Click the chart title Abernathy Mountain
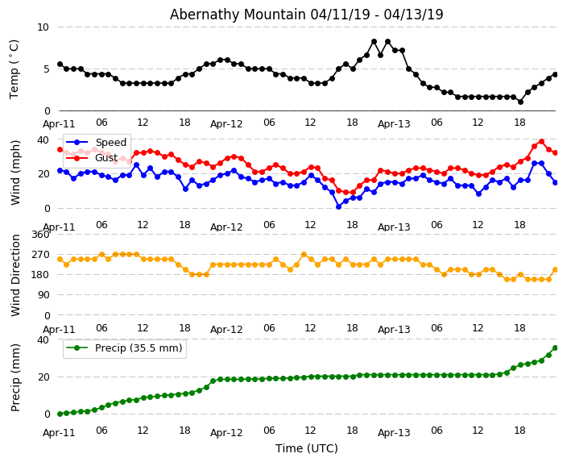(x=306, y=15)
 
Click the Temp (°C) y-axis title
(x=14, y=69)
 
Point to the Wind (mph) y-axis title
(x=16, y=172)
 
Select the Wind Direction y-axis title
(x=16, y=274)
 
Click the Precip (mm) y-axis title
(x=16, y=377)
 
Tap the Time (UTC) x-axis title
(x=307, y=448)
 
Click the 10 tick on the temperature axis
(x=43, y=27)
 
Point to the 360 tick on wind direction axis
(x=40, y=234)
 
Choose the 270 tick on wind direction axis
(x=40, y=254)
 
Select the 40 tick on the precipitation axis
(x=43, y=339)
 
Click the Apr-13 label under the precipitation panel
(x=394, y=433)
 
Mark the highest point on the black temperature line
(x=374, y=41)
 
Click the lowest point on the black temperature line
(x=520, y=102)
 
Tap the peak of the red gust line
(x=541, y=141)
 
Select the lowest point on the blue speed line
(x=339, y=206)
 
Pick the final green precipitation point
(x=555, y=348)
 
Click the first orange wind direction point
(x=60, y=260)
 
